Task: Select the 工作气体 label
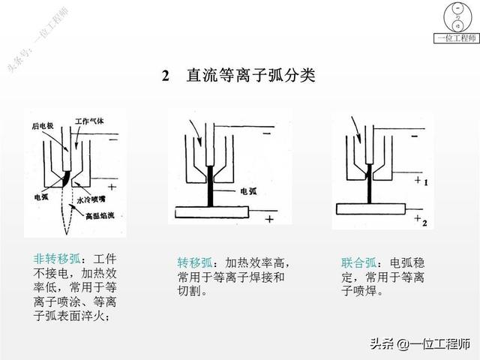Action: click(x=91, y=120)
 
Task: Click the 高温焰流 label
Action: click(x=101, y=216)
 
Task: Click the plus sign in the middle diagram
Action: click(x=268, y=219)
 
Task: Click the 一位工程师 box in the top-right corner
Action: click(x=454, y=38)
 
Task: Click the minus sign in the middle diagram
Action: click(x=267, y=133)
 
